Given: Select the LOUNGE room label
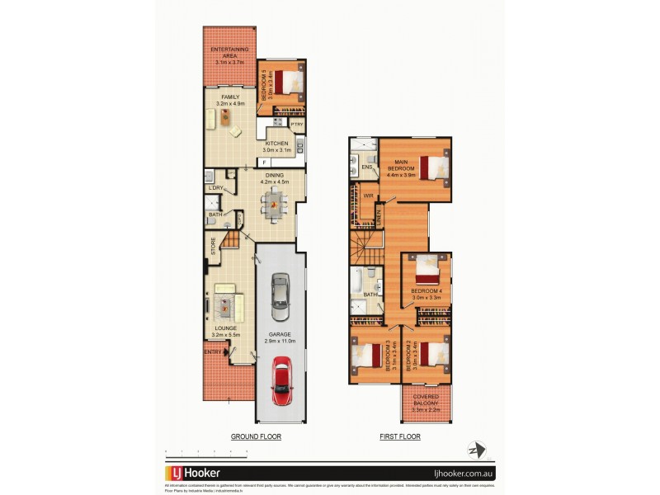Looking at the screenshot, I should pyautogui.click(x=222, y=329).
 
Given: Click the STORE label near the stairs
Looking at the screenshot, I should pyautogui.click(x=213, y=247).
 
